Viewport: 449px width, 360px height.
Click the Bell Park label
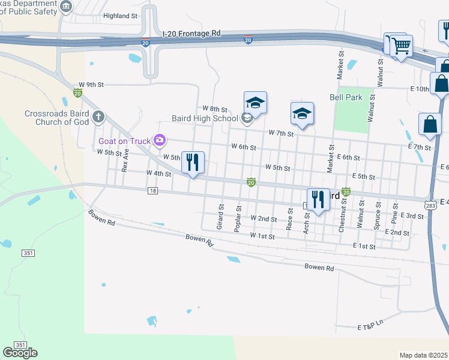[x=346, y=97]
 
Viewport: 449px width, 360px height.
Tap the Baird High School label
[x=205, y=118]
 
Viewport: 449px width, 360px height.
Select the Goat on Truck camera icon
[x=159, y=140]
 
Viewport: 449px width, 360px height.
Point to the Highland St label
[x=120, y=16]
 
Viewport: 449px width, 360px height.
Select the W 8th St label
[x=215, y=109]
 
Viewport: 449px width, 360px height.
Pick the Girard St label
[x=220, y=217]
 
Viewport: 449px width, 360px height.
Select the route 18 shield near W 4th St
[x=154, y=191]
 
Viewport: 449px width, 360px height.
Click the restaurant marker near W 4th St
[x=193, y=163]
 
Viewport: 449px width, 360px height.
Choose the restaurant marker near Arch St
[x=318, y=200]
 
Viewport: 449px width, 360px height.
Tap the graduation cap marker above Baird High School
[x=255, y=103]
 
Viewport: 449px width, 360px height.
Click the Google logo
[x=20, y=353]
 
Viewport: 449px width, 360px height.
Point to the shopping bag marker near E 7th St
[x=430, y=124]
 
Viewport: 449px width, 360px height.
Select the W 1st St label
[x=262, y=237]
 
